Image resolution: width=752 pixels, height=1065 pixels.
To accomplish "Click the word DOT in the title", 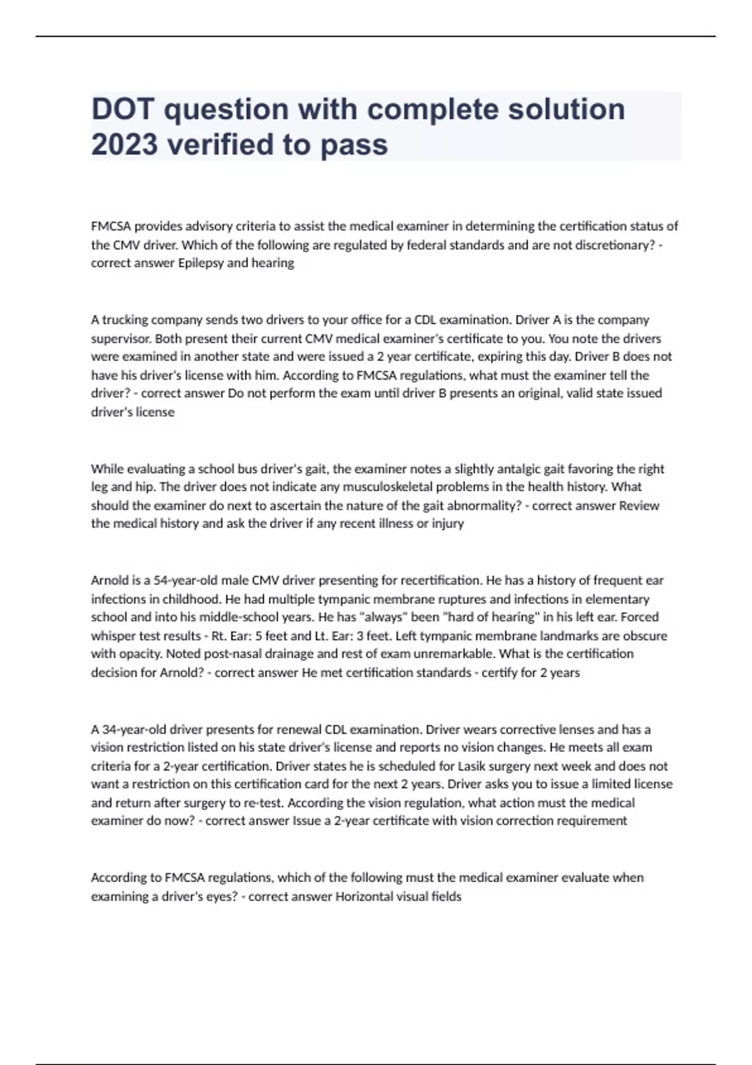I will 122,109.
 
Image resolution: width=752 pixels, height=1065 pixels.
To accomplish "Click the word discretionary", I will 615,245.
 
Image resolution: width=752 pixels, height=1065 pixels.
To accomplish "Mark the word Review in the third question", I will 639,506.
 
